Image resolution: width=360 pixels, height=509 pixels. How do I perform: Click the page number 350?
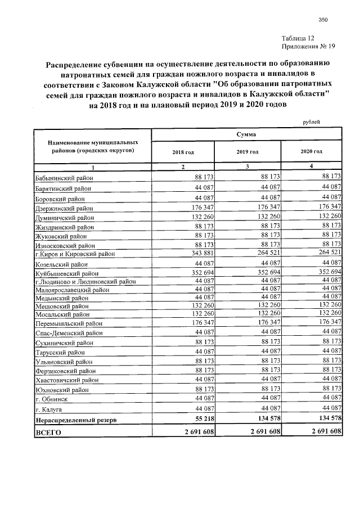[x=323, y=20]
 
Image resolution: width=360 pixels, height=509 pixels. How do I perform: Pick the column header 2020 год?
[x=311, y=152]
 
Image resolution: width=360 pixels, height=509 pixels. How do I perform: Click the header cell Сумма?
[x=247, y=135]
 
